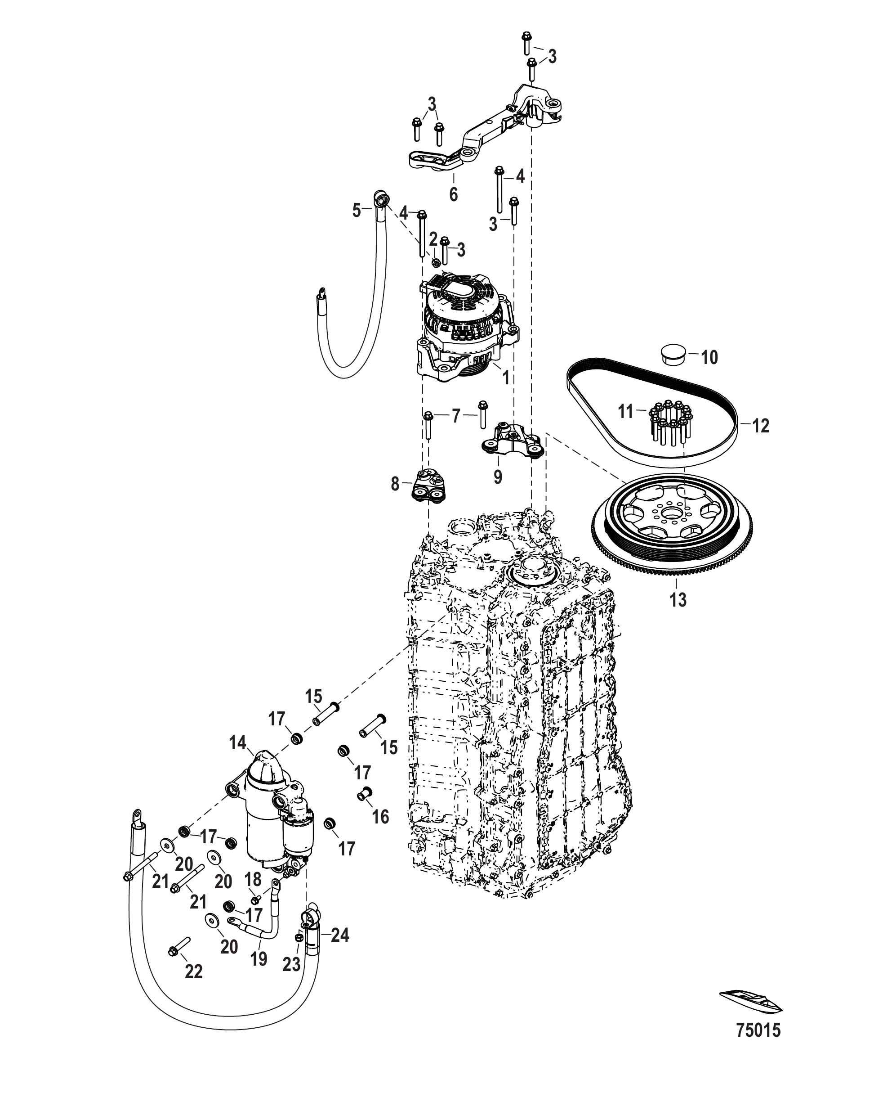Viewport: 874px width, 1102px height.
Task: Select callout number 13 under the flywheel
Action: pyautogui.click(x=678, y=599)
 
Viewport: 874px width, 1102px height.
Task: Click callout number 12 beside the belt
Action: pyautogui.click(x=760, y=425)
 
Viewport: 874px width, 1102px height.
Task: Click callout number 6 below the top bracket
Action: pyautogui.click(x=453, y=194)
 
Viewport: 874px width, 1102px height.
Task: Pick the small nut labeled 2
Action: pyautogui.click(x=436, y=262)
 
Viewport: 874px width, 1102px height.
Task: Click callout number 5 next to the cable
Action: pyautogui.click(x=357, y=211)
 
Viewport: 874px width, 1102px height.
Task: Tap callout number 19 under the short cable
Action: pyautogui.click(x=259, y=958)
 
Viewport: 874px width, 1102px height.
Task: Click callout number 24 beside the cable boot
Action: pyautogui.click(x=340, y=936)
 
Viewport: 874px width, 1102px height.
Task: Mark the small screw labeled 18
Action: pyautogui.click(x=255, y=899)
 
